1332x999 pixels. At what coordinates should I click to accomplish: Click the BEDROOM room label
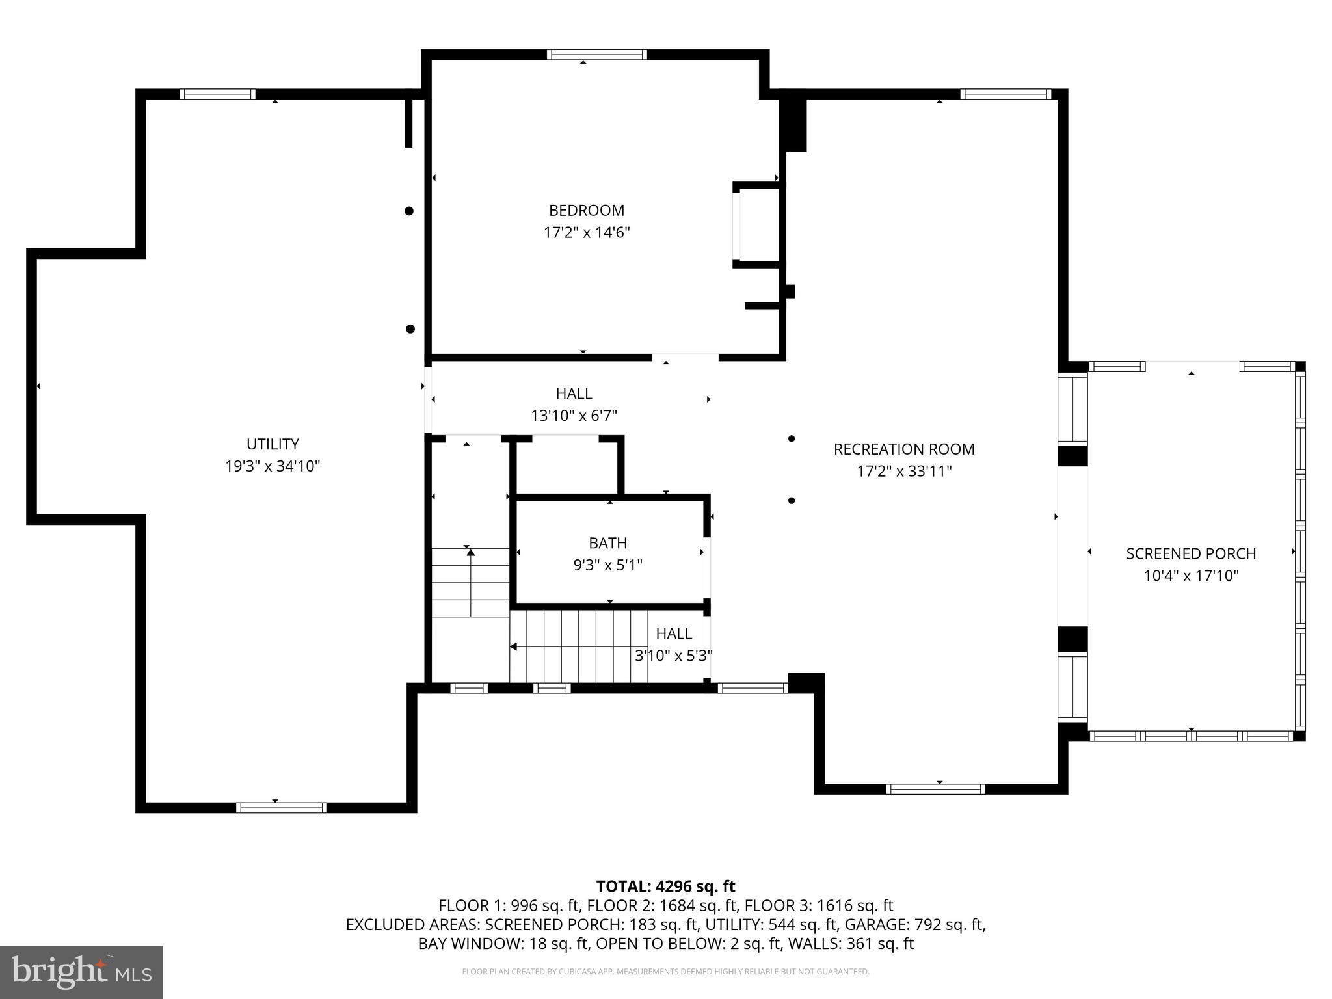point(586,210)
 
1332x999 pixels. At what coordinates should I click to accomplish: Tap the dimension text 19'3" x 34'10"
point(273,466)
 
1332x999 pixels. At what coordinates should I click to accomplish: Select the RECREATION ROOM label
point(903,449)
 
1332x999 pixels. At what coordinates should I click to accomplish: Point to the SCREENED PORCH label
point(1190,553)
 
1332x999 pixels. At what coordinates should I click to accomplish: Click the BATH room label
point(607,542)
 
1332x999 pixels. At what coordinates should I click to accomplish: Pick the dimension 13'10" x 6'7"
point(574,416)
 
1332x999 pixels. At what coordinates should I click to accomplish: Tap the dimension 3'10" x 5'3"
point(673,656)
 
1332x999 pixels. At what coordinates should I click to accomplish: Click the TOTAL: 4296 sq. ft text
point(665,886)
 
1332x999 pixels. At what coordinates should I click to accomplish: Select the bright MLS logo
point(81,972)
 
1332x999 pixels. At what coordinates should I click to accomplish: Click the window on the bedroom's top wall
point(596,55)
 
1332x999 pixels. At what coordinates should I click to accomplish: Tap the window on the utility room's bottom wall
point(281,808)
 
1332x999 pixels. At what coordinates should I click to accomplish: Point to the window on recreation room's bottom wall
point(935,789)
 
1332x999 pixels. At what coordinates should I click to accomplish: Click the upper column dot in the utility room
point(409,211)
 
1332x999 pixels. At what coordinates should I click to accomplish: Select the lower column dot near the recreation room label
point(792,501)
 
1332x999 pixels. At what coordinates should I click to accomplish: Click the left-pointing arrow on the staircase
point(513,646)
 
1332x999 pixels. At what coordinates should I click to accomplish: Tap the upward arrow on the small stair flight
point(470,553)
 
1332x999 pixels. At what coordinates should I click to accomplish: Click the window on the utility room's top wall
point(217,94)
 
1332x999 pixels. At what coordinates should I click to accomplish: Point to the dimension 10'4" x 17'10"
point(1191,576)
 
